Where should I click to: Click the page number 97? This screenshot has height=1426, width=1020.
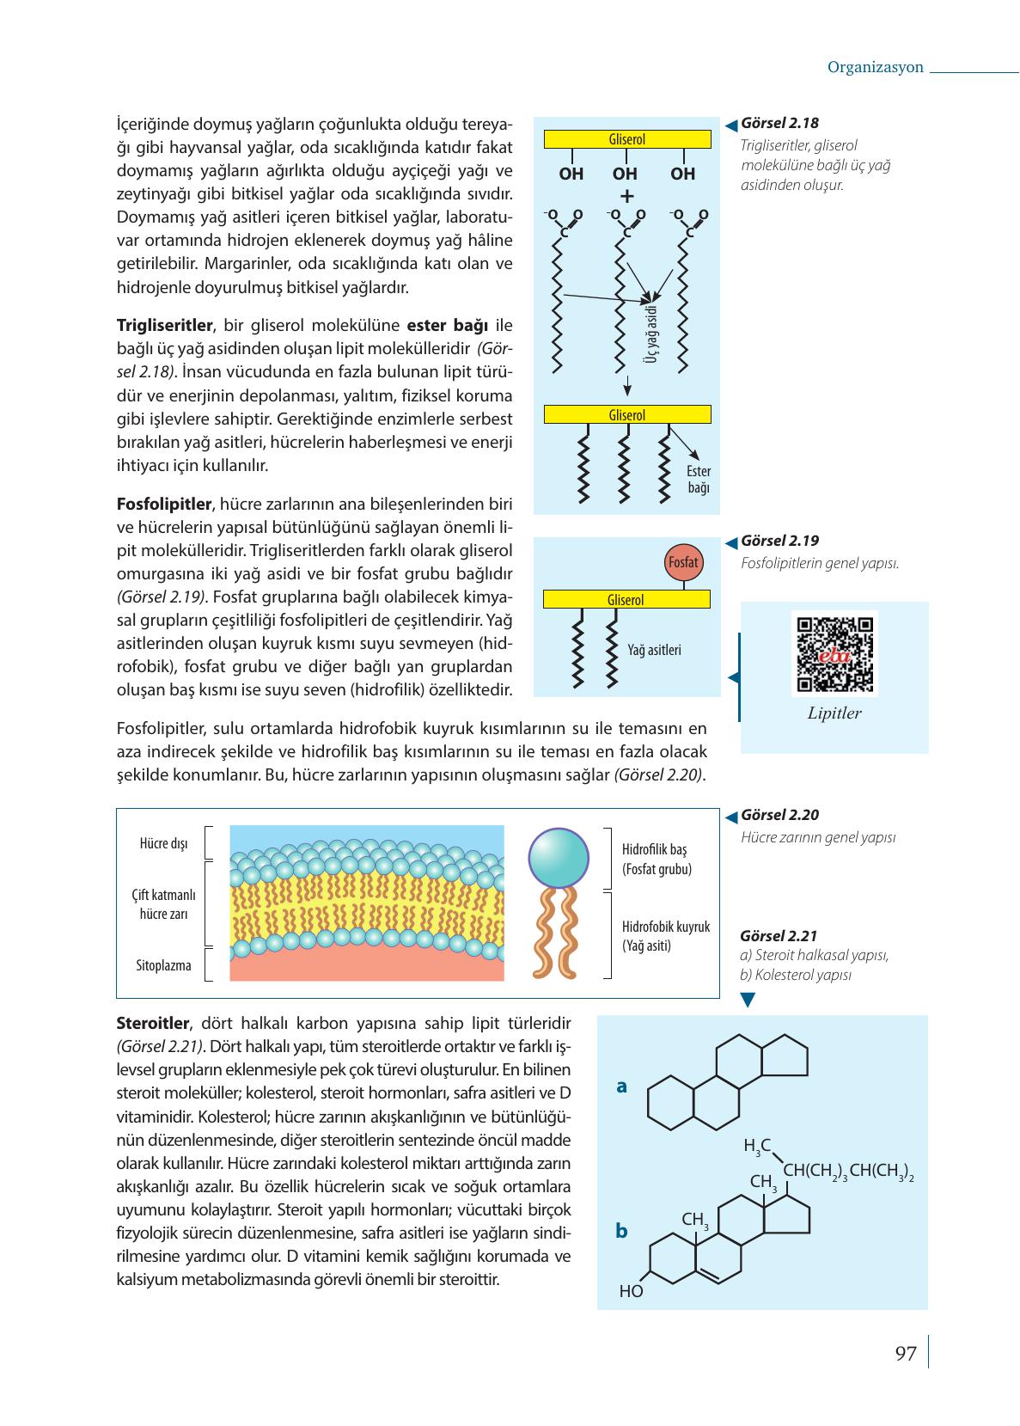pyautogui.click(x=906, y=1354)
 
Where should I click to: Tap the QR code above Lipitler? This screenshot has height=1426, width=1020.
pyautogui.click(x=834, y=654)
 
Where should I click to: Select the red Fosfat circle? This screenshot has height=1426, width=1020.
pyautogui.click(x=683, y=562)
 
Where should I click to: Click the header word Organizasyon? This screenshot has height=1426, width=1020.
pyautogui.click(x=875, y=67)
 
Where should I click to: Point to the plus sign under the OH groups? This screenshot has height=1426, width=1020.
pyautogui.click(x=626, y=196)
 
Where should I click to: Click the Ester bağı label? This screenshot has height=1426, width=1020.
pyautogui.click(x=699, y=479)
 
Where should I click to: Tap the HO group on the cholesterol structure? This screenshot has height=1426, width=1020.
pyautogui.click(x=631, y=1291)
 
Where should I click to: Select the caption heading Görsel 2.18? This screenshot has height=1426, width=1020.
pyautogui.click(x=779, y=123)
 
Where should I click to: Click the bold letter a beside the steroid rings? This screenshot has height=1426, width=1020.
pyautogui.click(x=622, y=1086)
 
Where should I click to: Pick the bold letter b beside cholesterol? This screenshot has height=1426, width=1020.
pyautogui.click(x=622, y=1231)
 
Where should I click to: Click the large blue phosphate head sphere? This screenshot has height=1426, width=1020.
pyautogui.click(x=559, y=857)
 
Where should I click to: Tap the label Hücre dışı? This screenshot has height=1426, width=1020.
pyautogui.click(x=163, y=843)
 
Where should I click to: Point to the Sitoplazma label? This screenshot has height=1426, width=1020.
pyautogui.click(x=163, y=964)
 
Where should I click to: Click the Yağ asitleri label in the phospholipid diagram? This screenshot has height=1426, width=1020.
pyautogui.click(x=654, y=650)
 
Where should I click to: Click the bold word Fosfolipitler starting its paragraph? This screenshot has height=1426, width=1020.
pyautogui.click(x=164, y=503)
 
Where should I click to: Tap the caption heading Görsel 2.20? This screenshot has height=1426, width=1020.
pyautogui.click(x=779, y=815)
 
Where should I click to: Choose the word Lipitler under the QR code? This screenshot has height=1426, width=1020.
pyautogui.click(x=834, y=713)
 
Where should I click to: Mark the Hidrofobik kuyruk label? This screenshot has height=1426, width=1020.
pyautogui.click(x=666, y=927)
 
